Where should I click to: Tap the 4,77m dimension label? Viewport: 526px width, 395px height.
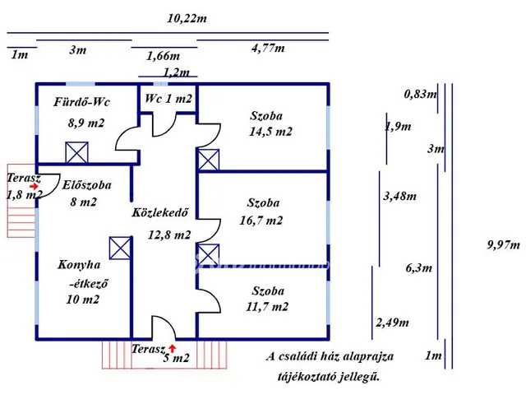pyautogui.click(x=268, y=49)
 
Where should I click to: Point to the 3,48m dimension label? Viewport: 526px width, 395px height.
pyautogui.click(x=400, y=196)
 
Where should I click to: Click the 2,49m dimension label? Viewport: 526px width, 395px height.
pyautogui.click(x=392, y=323)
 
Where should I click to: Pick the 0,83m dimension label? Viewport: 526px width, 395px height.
pyautogui.click(x=419, y=94)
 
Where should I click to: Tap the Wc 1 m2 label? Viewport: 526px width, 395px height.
pyautogui.click(x=168, y=99)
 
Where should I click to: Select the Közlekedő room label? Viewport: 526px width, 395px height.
pyautogui.click(x=161, y=212)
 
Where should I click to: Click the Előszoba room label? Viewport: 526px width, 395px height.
pyautogui.click(x=87, y=185)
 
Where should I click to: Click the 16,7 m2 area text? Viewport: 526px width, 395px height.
pyautogui.click(x=265, y=221)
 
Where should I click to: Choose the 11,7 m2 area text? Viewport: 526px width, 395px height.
pyautogui.click(x=269, y=307)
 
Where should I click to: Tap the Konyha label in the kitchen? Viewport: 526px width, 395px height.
pyautogui.click(x=79, y=265)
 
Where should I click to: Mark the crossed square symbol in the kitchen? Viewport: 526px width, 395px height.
pyautogui.click(x=120, y=248)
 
